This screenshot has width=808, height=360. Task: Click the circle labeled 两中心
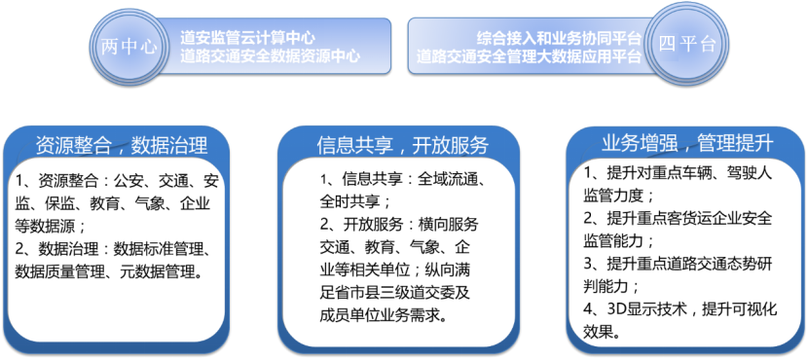coord(129,47)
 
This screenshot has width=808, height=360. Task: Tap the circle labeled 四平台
coord(687,44)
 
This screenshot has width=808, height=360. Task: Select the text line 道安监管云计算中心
coord(247,38)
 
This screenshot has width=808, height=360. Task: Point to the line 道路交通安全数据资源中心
coord(270,56)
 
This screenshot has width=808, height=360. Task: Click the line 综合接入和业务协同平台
coord(559,38)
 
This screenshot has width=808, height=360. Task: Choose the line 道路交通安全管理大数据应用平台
coord(530,56)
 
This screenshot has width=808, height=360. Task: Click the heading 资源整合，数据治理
coord(122,146)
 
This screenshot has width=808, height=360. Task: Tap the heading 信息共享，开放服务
coord(403,146)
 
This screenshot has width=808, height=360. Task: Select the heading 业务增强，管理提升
coord(687,143)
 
